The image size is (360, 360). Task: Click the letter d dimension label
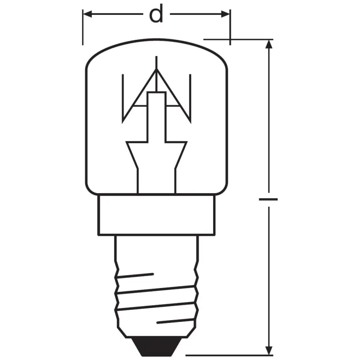tap(156, 15)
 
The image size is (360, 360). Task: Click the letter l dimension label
tap(268, 199)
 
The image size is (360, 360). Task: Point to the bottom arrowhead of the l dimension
tap(268, 350)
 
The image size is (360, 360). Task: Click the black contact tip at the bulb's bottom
tap(156, 345)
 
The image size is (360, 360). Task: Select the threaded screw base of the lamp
tap(157, 296)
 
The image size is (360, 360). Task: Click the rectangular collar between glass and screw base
tap(156, 214)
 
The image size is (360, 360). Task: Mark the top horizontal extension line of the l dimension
tap(237, 39)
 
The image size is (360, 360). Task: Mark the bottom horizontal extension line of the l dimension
tap(229, 355)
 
